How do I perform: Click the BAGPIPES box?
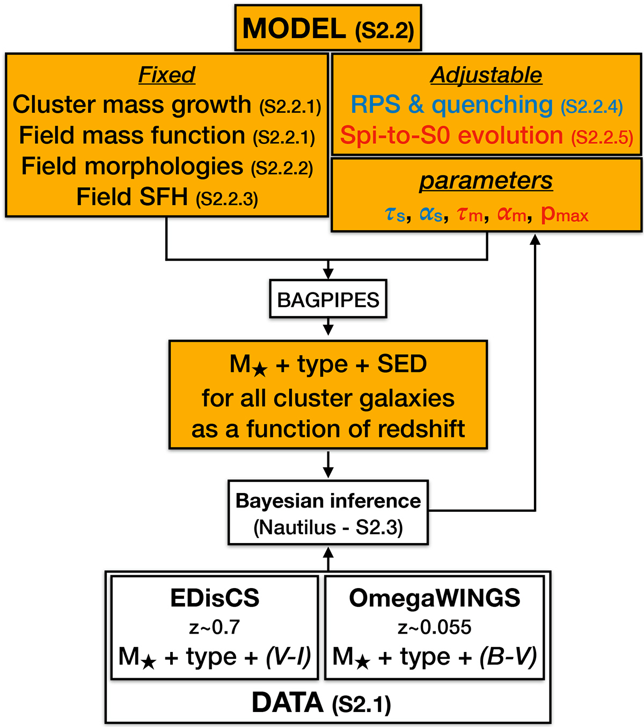pos(328,299)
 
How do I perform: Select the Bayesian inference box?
pos(328,512)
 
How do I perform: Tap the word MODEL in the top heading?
pos(294,28)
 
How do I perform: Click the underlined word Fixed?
pos(167,75)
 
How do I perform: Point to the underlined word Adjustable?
pos(486,75)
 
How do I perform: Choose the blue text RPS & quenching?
pos(451,105)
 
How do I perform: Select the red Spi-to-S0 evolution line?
pos(451,135)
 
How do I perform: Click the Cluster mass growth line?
pos(132,105)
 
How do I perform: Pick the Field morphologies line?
pos(132,166)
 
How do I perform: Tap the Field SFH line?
pos(132,197)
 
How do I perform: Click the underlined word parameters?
pos(486,181)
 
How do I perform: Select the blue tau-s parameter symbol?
pos(395,215)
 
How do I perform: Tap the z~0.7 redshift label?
pos(214,627)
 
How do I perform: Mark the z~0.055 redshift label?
pos(435,627)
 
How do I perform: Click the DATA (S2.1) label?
pos(321,703)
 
